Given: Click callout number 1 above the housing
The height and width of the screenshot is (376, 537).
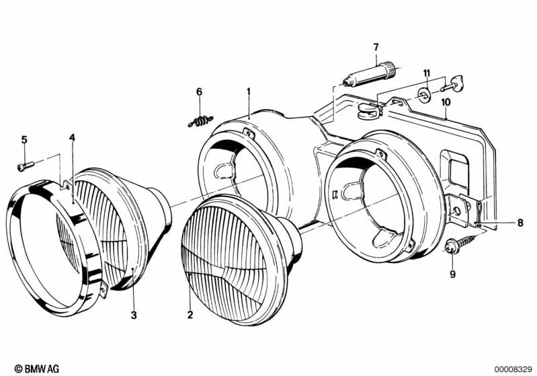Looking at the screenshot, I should click(248, 91).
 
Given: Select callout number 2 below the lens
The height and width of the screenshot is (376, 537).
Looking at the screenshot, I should click(190, 314).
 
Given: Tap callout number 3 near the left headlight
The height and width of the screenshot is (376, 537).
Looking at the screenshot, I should click(133, 314).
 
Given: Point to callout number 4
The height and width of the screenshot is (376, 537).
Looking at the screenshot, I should click(73, 138).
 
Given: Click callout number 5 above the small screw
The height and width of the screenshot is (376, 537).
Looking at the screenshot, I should click(24, 140).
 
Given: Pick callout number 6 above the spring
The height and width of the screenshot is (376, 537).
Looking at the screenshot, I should click(199, 91).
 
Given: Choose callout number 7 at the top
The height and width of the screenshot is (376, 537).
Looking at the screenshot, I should click(376, 46).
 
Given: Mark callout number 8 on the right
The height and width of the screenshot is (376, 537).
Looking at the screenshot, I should click(520, 222).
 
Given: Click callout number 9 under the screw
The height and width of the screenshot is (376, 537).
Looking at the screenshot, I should click(452, 273).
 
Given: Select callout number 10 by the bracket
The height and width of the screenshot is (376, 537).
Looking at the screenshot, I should click(445, 102).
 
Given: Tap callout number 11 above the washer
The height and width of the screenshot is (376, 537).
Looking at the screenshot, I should click(426, 73).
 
